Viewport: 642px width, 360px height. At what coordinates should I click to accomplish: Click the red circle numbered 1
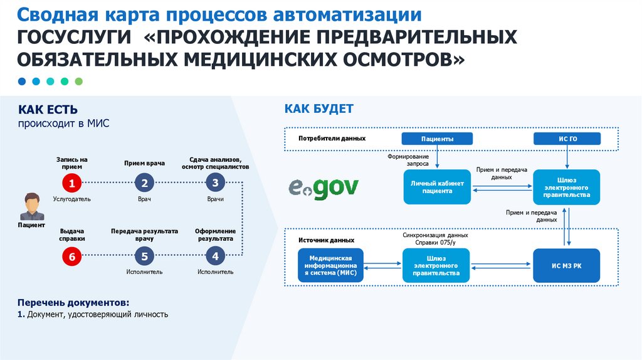pyautogui.click(x=72, y=183)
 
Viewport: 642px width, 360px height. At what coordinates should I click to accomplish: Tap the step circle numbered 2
pyautogui.click(x=144, y=183)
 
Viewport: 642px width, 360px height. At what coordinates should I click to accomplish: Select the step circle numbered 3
pyautogui.click(x=215, y=183)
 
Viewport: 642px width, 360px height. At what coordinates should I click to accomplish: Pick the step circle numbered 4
pyautogui.click(x=215, y=256)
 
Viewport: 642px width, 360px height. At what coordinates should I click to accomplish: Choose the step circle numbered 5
pyautogui.click(x=144, y=256)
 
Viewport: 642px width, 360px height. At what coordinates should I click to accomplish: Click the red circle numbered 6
pyautogui.click(x=72, y=256)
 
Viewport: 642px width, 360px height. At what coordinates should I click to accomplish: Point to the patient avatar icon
pyautogui.click(x=31, y=206)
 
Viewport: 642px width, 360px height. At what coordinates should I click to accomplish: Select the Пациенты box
pyautogui.click(x=437, y=139)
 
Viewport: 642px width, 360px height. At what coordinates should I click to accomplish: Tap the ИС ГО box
pyautogui.click(x=566, y=139)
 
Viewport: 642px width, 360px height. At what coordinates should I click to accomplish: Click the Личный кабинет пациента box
pyautogui.click(x=437, y=187)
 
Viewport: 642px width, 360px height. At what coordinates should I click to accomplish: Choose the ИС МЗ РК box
pyautogui.click(x=566, y=265)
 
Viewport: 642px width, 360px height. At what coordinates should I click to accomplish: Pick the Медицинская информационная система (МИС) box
pyautogui.click(x=331, y=265)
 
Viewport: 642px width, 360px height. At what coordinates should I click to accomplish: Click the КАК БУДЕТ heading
pyautogui.click(x=318, y=109)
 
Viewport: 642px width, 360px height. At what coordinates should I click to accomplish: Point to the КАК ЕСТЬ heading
pyautogui.click(x=48, y=110)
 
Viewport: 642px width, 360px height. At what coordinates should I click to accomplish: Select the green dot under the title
pyautogui.click(x=78, y=82)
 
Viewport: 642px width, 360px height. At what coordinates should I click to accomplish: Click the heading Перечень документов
pyautogui.click(x=73, y=302)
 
